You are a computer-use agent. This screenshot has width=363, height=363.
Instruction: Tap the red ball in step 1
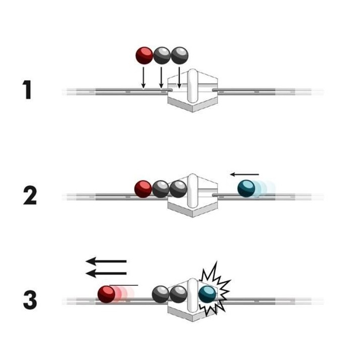coord(144,55)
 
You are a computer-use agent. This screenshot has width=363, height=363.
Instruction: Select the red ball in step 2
coord(143,189)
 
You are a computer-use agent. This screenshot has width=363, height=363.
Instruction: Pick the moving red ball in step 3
coord(106,293)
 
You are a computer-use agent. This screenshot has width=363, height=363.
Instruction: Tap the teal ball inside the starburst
coord(207,293)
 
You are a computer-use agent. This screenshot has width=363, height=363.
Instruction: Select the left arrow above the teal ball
coord(245,174)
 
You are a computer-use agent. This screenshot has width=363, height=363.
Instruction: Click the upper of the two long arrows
coord(106,261)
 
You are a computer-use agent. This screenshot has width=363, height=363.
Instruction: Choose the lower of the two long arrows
coord(106,273)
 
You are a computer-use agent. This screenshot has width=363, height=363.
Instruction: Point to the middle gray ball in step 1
coord(162,55)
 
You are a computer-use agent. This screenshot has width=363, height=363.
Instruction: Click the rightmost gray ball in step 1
coord(179,55)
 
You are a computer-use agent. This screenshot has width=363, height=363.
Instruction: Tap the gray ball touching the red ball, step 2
coord(161,189)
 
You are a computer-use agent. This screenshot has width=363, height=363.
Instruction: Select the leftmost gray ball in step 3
coord(161,293)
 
